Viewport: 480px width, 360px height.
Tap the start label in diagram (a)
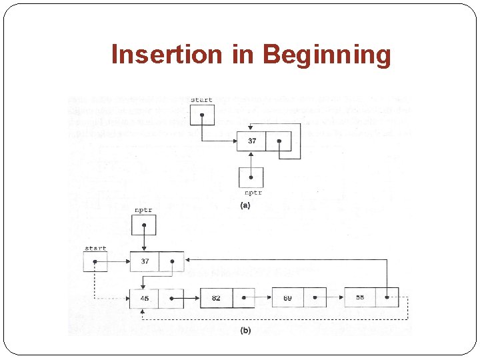201,100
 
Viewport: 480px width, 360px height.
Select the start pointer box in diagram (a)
202,115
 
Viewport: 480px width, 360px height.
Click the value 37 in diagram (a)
251,141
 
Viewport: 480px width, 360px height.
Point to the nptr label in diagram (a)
253,193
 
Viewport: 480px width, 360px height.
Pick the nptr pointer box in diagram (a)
251,177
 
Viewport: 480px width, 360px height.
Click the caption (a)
245,206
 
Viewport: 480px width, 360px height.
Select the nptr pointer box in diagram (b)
143,225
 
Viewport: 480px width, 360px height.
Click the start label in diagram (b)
95,249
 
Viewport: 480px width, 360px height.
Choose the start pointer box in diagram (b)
95,262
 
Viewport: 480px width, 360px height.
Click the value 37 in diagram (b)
145,262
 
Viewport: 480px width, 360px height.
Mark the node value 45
145,298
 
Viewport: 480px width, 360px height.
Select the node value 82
216,298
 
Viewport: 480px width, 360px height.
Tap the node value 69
287,298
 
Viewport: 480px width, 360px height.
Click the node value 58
360,297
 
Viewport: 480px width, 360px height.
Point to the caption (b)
245,331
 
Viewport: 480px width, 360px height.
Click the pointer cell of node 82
243,298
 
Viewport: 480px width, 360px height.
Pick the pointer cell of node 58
387,297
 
